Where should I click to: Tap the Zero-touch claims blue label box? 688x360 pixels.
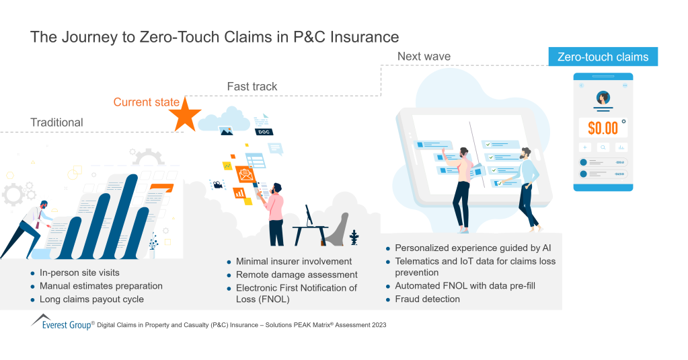click(x=603, y=57)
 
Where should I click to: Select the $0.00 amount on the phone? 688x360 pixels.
click(x=601, y=128)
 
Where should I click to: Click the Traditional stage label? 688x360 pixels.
click(x=56, y=122)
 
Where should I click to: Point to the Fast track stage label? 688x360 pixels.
click(x=252, y=87)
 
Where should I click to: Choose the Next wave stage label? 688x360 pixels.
click(x=424, y=56)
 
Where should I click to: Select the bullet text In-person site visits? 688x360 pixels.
click(x=79, y=273)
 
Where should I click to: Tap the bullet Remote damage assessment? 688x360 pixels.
click(x=297, y=275)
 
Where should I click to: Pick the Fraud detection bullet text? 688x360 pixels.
click(x=427, y=299)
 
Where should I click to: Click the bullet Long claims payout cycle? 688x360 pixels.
click(x=91, y=299)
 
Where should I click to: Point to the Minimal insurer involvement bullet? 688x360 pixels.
click(x=294, y=261)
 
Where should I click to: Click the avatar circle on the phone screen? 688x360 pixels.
click(x=603, y=98)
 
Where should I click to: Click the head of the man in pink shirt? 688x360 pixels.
click(x=277, y=188)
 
